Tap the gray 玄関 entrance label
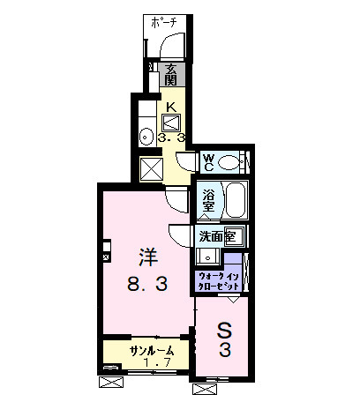coord(173,74)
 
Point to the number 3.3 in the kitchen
coord(171,138)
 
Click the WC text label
coord(209,161)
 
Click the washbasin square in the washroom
coord(206,257)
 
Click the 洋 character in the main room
coord(146,258)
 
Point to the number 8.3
coord(147,284)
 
